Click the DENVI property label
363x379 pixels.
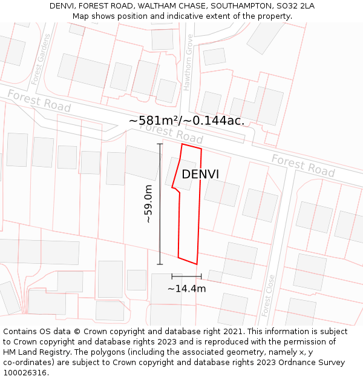tap(200, 174)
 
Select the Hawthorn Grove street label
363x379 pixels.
tap(188, 62)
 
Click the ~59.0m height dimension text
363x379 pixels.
tap(148, 204)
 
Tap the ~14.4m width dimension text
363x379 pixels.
tap(186, 289)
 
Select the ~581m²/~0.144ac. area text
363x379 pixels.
tap(187, 120)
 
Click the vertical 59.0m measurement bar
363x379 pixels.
tap(160, 204)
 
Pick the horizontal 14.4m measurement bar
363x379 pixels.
tap(186, 277)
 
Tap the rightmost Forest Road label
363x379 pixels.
tap(303, 165)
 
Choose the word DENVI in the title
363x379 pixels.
tap(62, 6)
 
